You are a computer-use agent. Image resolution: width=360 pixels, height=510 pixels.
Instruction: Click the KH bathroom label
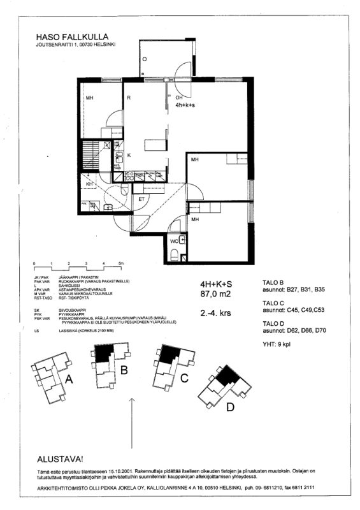pos(90,184)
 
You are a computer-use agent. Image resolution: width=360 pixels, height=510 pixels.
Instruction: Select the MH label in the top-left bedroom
pos(90,98)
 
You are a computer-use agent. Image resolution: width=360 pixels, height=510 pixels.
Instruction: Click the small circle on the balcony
pos(145,59)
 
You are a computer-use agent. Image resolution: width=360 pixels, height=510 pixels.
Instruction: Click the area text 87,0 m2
pos(214,295)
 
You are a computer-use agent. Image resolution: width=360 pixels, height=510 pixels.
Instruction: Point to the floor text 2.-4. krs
pos(216,314)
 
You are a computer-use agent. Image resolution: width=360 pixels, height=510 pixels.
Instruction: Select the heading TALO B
pos(273,282)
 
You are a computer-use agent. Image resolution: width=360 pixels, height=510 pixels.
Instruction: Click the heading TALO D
pos(273,324)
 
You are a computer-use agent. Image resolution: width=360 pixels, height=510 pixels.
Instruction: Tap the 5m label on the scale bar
pos(120,262)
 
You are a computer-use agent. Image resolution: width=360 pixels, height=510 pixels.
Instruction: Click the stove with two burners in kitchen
pos(127,173)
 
